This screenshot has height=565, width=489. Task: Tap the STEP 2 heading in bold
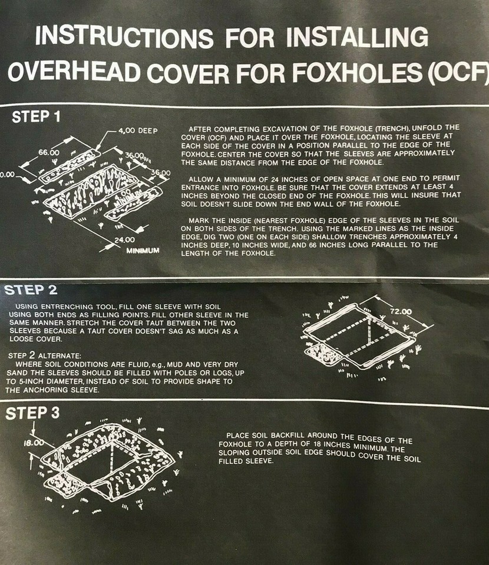[x=34, y=290]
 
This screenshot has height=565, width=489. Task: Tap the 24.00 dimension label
[x=125, y=240]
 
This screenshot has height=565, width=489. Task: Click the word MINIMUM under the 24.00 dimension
[x=143, y=251]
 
